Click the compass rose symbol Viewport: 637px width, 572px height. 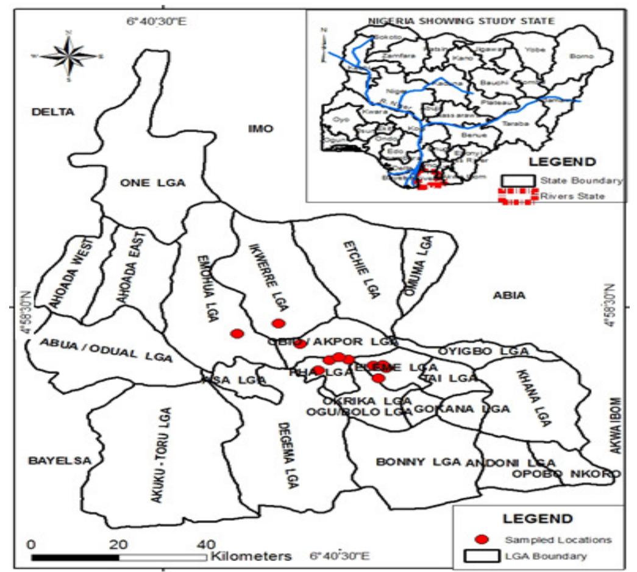(x=69, y=55)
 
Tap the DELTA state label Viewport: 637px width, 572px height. (x=53, y=112)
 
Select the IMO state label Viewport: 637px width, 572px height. (x=261, y=129)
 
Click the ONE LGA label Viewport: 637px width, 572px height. (x=152, y=184)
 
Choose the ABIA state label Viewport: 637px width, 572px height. (x=509, y=296)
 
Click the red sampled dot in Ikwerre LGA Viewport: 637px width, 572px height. (x=279, y=323)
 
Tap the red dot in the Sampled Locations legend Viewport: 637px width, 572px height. (x=482, y=539)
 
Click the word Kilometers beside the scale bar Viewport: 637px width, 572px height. (x=251, y=557)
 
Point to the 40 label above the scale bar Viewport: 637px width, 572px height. (x=207, y=544)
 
